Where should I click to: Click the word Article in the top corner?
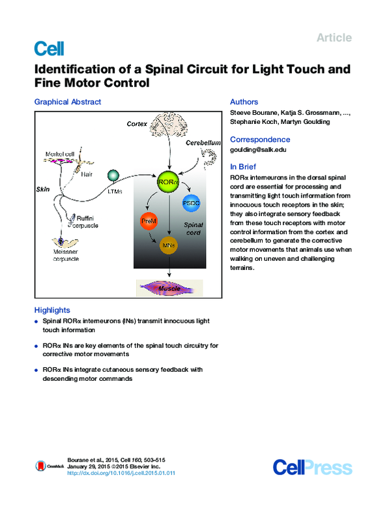(x=334, y=38)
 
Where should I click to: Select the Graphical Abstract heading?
(x=68, y=102)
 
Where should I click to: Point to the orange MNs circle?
(x=169, y=245)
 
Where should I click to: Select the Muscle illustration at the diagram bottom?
(x=169, y=286)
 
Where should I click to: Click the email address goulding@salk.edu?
(x=258, y=150)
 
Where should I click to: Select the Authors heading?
(x=244, y=102)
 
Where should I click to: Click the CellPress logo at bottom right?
(x=312, y=467)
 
